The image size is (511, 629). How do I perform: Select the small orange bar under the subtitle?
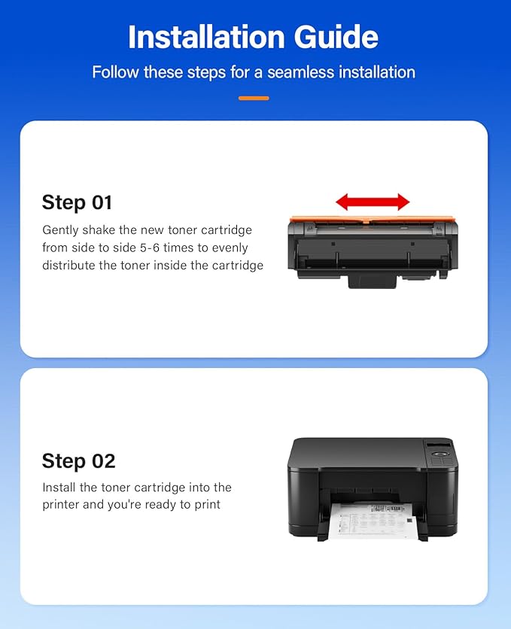[x=254, y=98]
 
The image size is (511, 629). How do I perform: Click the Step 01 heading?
[x=77, y=202]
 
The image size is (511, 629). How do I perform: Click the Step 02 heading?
[x=78, y=460]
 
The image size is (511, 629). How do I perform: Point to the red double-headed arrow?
[x=373, y=202]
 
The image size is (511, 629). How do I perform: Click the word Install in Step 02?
[x=59, y=488]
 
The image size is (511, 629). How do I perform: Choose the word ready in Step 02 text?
[x=160, y=504]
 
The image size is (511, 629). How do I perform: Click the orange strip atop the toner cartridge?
[x=373, y=220]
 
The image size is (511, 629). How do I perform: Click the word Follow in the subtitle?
[x=113, y=73]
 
